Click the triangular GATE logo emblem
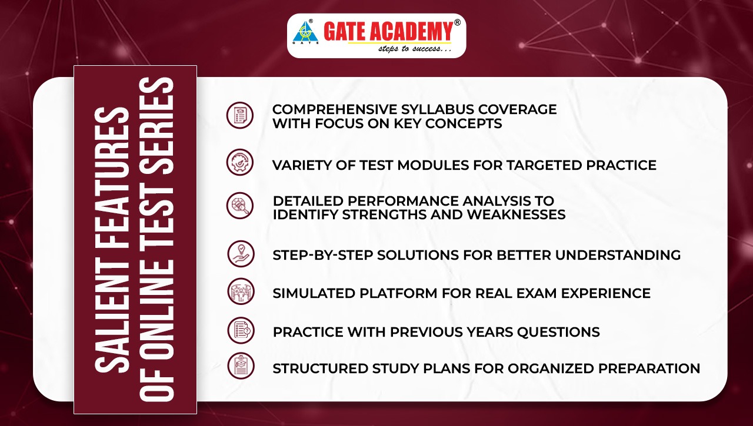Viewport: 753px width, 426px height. [x=305, y=33]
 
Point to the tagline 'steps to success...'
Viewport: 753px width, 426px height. [x=414, y=49]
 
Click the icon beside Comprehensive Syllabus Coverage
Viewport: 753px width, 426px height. [x=240, y=115]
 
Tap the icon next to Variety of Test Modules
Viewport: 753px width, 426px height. [x=240, y=162]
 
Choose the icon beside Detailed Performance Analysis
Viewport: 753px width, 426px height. [x=240, y=206]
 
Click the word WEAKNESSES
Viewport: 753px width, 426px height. [x=517, y=214]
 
